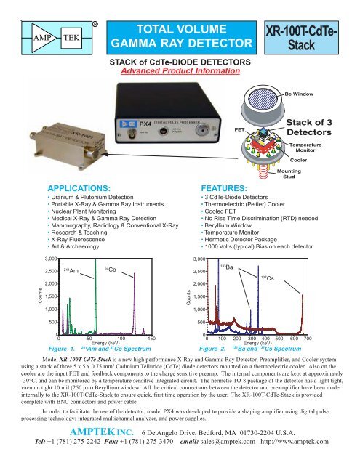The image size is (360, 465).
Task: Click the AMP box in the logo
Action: point(31,36)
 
